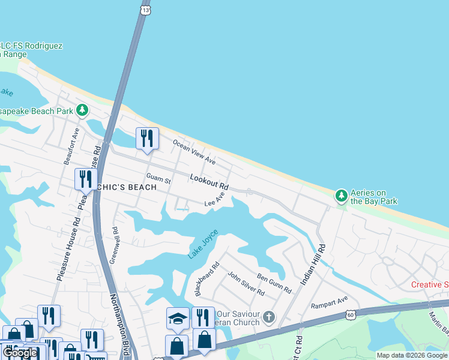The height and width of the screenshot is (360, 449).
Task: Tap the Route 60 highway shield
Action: coord(351,314)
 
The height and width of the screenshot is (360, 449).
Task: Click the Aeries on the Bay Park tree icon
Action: coord(341,196)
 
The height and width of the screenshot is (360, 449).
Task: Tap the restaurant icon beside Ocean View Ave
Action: coord(147,139)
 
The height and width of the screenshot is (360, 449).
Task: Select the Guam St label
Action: coord(158,178)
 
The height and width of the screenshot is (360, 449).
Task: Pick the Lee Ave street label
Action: coord(214,200)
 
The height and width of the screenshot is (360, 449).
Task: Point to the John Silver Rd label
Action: coord(246,283)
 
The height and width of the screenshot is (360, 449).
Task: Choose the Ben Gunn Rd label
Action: coord(274,283)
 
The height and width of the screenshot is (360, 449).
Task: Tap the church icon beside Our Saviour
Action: coord(270,316)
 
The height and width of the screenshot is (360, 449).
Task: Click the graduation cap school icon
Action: coord(178,317)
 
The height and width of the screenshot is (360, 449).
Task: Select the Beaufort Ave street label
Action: coord(71,146)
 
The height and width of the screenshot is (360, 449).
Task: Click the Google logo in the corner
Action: coord(21,353)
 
